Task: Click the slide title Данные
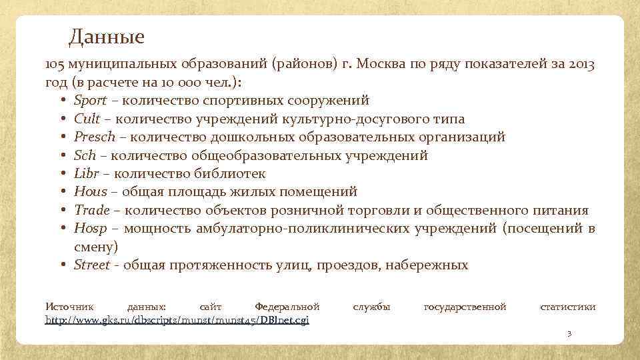(106, 36)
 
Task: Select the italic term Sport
(90, 101)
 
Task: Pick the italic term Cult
(87, 119)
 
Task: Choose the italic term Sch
(85, 156)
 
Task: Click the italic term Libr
(87, 174)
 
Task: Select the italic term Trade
(92, 211)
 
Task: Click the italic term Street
(92, 265)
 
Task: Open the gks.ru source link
(177, 320)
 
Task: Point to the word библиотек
(231, 174)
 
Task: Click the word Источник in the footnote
(69, 307)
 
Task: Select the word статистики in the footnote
(567, 307)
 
